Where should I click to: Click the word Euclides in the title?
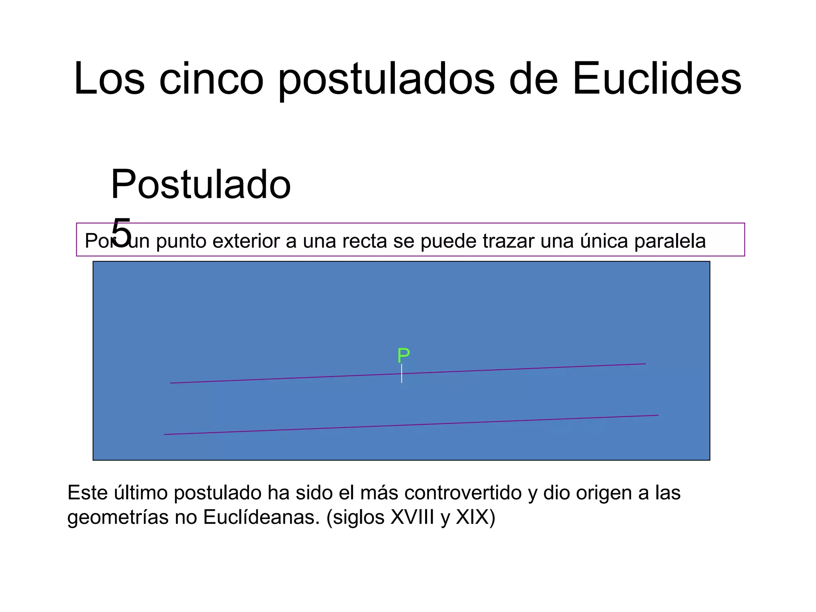[657, 78]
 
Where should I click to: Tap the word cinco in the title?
[211, 78]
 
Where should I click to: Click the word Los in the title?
[109, 78]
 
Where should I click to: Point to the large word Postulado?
[201, 184]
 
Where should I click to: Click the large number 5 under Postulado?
[121, 232]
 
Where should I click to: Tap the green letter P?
[403, 355]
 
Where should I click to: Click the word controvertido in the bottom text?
[463, 492]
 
